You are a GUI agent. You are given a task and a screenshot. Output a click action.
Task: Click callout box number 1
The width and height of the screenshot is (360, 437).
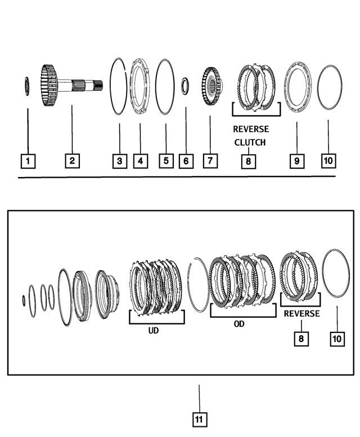[28, 161]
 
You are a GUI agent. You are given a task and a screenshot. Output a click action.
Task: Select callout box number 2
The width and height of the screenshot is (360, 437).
[72, 161]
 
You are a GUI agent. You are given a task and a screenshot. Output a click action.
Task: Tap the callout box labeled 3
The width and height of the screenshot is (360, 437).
[119, 161]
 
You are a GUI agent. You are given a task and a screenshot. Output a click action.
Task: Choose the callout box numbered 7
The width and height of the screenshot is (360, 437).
[209, 161]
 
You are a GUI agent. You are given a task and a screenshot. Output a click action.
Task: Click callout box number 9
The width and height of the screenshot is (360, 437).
[296, 161]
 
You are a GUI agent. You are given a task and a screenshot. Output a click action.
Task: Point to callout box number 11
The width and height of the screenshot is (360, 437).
[199, 419]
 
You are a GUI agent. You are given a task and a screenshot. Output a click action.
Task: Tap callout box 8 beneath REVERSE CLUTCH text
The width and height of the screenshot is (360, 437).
[248, 161]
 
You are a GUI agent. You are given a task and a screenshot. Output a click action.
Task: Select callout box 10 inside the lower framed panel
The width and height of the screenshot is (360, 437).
[337, 339]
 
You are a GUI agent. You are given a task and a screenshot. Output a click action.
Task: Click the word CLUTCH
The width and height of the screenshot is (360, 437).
[250, 142]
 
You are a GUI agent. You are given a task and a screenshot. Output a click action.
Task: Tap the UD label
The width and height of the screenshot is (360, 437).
[153, 331]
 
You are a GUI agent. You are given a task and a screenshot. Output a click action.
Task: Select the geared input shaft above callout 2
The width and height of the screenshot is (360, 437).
[70, 86]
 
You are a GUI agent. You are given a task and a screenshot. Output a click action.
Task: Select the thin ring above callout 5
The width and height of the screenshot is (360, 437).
[165, 87]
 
